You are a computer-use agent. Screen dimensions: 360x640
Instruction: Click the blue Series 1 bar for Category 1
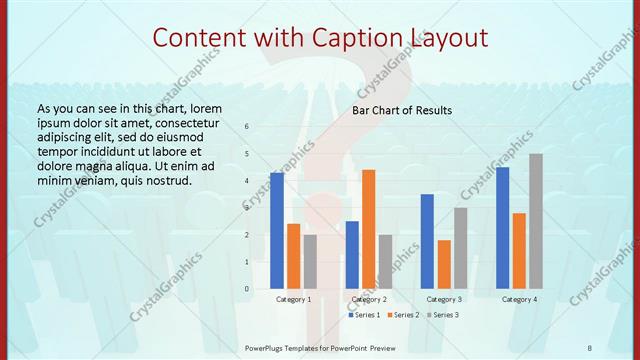click(277, 231)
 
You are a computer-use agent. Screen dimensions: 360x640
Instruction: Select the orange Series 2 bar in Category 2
click(368, 229)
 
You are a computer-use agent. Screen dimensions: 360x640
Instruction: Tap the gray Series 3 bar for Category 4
click(536, 221)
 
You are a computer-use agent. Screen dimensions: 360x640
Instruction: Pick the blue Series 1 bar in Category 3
click(427, 241)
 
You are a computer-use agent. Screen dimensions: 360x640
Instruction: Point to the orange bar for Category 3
click(444, 264)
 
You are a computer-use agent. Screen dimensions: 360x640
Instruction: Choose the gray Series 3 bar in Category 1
click(310, 262)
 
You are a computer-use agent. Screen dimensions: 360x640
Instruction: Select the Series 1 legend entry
click(365, 315)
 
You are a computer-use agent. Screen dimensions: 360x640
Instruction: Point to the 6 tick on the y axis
click(248, 126)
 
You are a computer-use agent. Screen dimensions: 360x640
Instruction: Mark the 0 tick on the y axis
click(248, 289)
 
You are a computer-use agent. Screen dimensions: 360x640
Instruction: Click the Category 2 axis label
click(369, 299)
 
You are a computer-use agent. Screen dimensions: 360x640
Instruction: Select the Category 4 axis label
click(519, 299)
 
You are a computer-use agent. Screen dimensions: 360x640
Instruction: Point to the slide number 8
click(590, 348)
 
